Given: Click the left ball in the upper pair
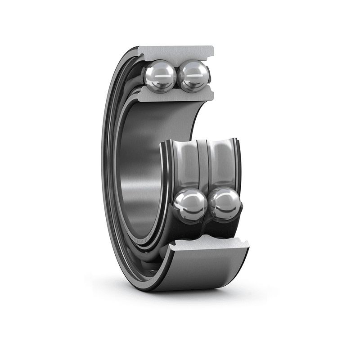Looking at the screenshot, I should [159, 76].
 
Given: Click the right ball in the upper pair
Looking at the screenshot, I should [193, 76].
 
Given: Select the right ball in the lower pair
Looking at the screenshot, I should [225, 204].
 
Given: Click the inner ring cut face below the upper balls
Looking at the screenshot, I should [175, 94].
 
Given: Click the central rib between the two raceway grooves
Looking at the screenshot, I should [203, 162].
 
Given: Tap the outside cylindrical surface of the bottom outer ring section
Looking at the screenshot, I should [202, 270].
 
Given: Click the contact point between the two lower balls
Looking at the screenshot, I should [208, 205].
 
